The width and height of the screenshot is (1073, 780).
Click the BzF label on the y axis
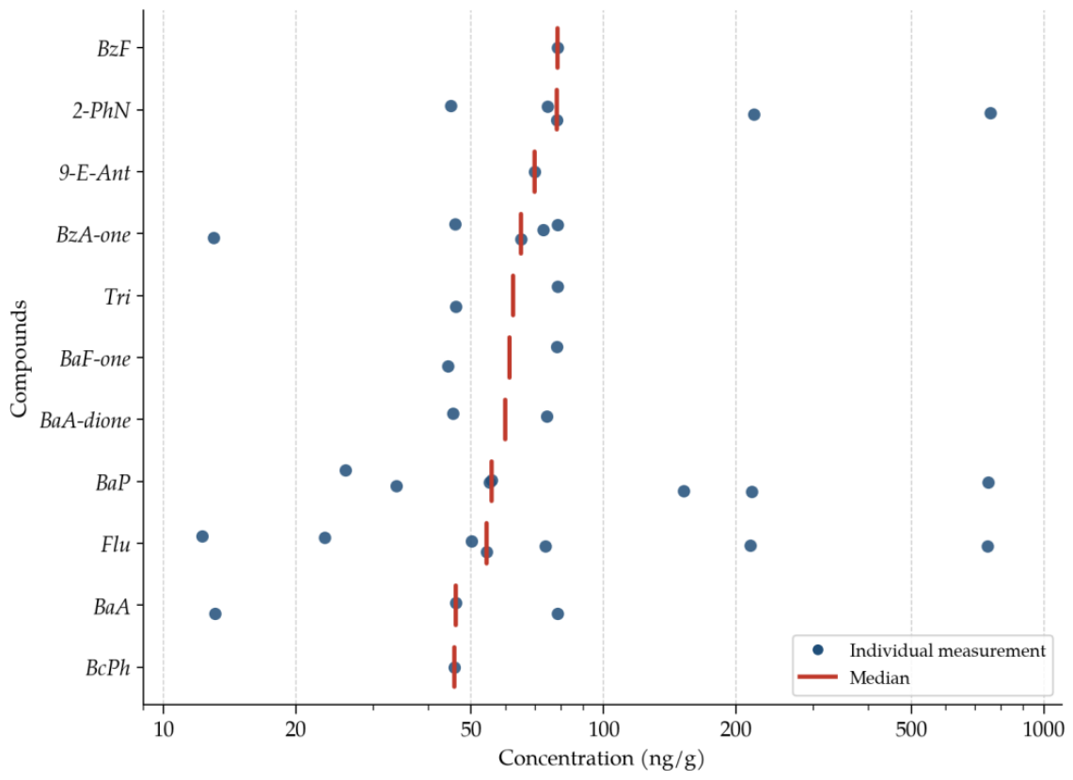pos(113,49)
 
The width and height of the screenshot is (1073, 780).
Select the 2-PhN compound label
pos(102,110)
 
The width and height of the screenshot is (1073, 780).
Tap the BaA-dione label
pos(85,420)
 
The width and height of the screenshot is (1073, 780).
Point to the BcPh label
pos(107,668)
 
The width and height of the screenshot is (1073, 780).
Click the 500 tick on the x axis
pos(911,728)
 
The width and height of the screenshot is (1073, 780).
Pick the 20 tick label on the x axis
pos(295,728)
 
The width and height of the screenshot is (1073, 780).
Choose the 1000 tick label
pos(1044,728)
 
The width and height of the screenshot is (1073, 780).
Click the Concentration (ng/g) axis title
pos(601,758)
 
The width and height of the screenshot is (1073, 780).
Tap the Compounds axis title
pos(19,358)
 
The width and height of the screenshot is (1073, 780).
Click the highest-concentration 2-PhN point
pos(990,113)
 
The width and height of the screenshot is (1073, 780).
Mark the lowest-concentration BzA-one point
pos(213,238)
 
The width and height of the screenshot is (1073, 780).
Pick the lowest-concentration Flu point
pos(202,536)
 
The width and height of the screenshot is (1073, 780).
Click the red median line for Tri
pos(513,295)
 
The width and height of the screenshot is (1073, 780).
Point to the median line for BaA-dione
pos(505,420)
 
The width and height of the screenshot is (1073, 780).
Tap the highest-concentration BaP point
pos(988,483)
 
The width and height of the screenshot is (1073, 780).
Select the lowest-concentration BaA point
pos(214,613)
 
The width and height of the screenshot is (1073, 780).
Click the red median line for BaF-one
pos(509,358)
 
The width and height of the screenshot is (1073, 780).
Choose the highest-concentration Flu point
pos(987,547)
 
